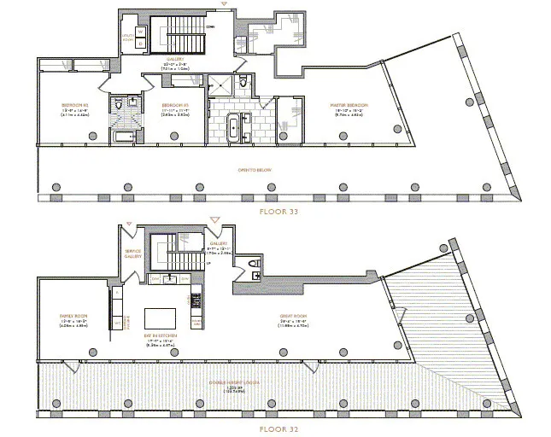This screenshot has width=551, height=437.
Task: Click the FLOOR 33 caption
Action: click(275, 207)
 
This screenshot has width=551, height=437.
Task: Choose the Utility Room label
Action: click(128, 38)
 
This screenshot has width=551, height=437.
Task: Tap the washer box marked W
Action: click(142, 32)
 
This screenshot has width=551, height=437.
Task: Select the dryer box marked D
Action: click(142, 44)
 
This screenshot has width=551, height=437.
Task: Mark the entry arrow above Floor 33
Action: click(224, 4)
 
